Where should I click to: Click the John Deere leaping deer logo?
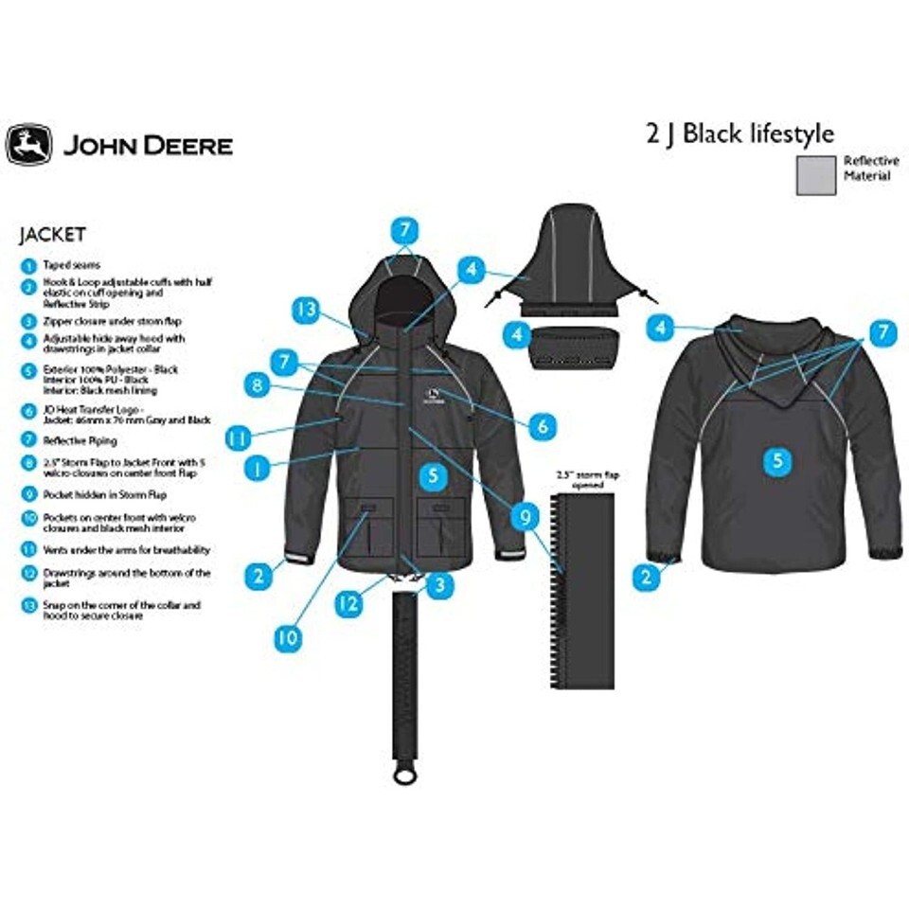click(x=28, y=144)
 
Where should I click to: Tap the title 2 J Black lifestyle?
click(x=740, y=133)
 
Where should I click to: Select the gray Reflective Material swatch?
click(x=815, y=175)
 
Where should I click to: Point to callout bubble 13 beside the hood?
click(x=305, y=310)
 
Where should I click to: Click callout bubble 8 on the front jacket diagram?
click(x=256, y=384)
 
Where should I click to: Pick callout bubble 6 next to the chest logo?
click(x=541, y=426)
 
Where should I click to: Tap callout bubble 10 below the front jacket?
click(x=287, y=637)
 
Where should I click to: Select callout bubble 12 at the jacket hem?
click(x=348, y=603)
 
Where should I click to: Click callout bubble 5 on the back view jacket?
click(x=777, y=460)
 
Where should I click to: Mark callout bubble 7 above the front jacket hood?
click(x=404, y=229)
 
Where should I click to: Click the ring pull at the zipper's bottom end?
click(x=404, y=775)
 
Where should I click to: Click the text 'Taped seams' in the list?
click(x=71, y=265)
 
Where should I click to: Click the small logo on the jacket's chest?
click(x=436, y=396)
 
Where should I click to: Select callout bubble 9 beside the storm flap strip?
click(x=521, y=516)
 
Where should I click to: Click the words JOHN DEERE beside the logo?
click(x=148, y=146)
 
